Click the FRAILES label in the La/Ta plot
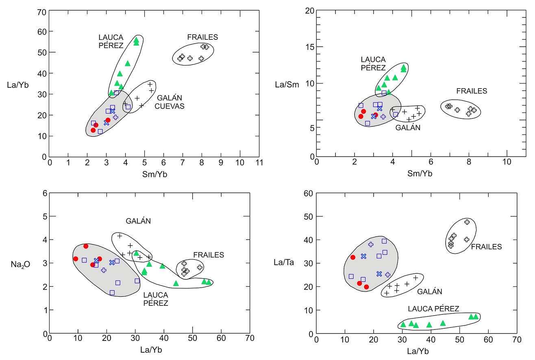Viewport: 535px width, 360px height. click(x=486, y=247)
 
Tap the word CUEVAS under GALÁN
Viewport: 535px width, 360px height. click(x=170, y=106)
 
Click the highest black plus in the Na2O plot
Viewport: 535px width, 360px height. click(x=120, y=236)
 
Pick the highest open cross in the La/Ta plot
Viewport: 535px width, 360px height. click(x=467, y=222)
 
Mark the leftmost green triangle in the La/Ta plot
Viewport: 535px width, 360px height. click(x=403, y=324)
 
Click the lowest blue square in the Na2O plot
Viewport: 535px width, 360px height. click(x=112, y=292)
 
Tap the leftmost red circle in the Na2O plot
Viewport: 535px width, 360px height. click(x=76, y=259)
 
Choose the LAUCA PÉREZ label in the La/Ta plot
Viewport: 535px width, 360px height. click(x=433, y=308)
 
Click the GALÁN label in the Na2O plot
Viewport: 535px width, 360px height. click(x=138, y=221)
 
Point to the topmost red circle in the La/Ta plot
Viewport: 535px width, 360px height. click(x=353, y=257)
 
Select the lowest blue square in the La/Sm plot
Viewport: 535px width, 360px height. click(x=368, y=123)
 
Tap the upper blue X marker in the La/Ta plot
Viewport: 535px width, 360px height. click(x=363, y=256)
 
